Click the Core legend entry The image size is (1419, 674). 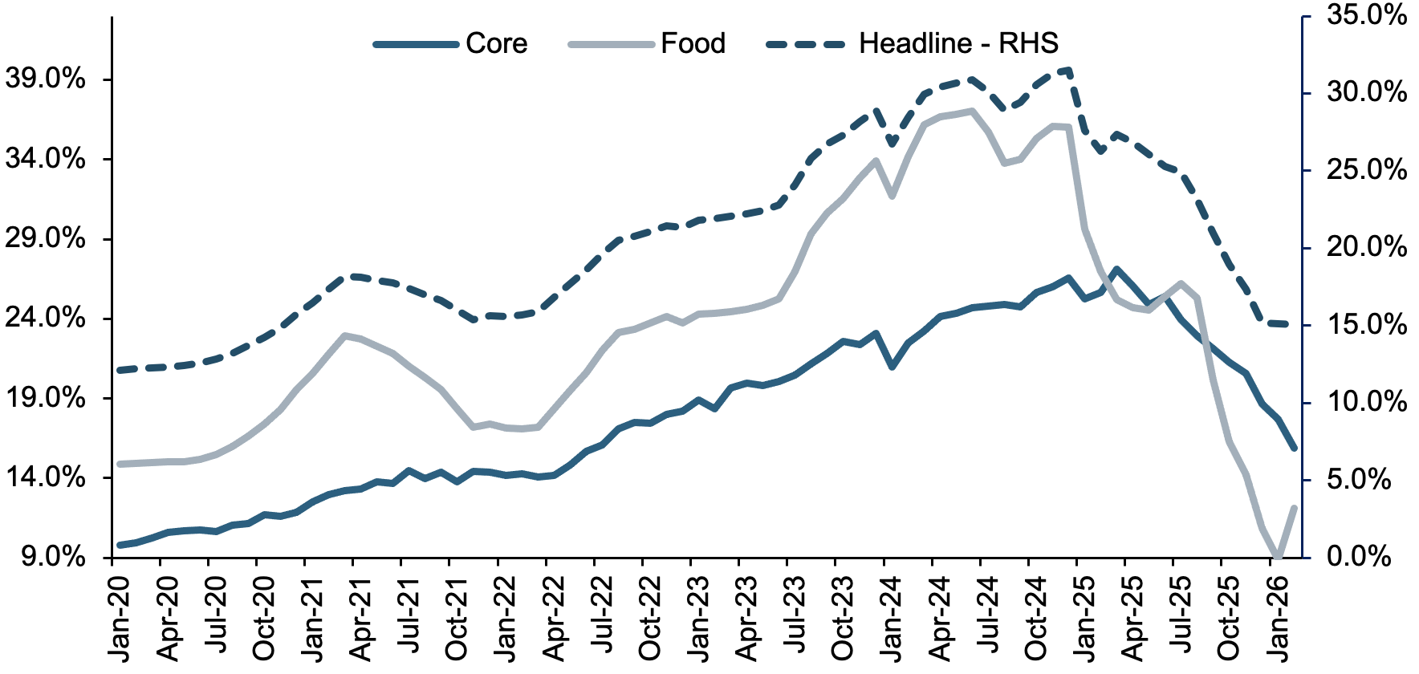tap(450, 43)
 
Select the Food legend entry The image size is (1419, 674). tap(647, 43)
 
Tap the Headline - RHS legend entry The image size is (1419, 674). tap(913, 43)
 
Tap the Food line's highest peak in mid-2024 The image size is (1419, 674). tap(972, 111)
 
